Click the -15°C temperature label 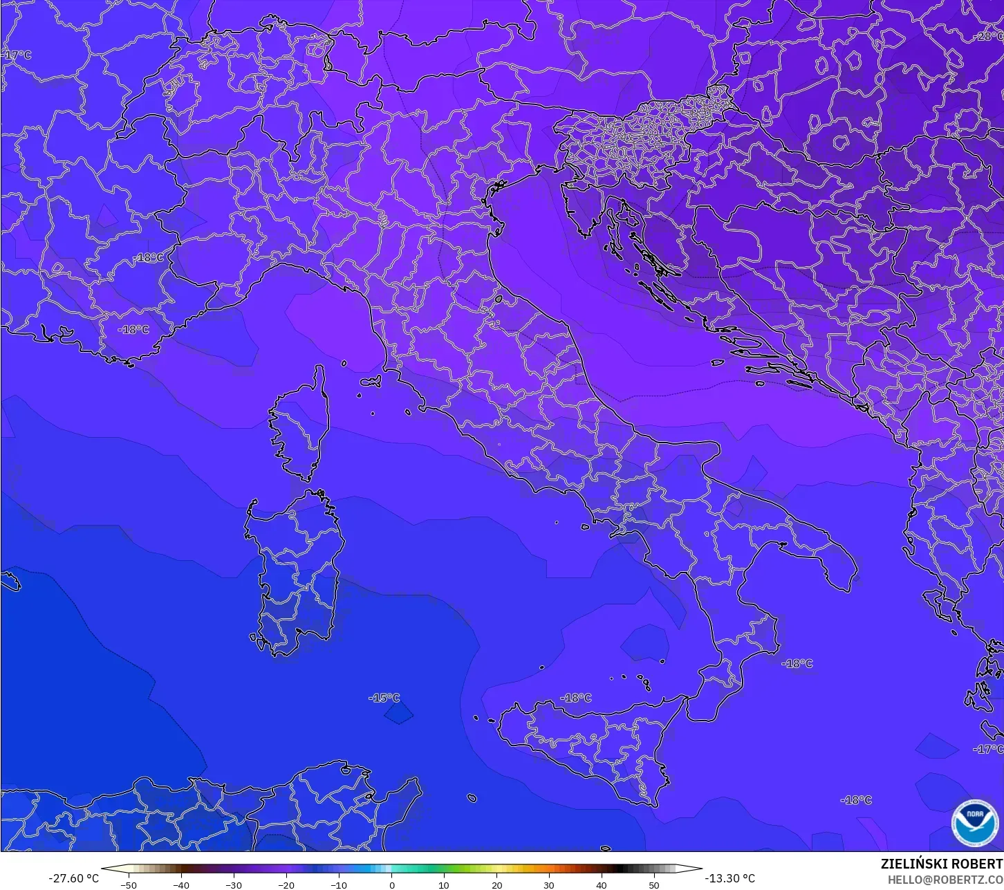tap(384, 698)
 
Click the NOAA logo tap(974, 822)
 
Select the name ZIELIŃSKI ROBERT tap(941, 864)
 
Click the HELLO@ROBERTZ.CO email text tap(945, 880)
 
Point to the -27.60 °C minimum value tap(73, 878)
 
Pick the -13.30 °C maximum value tap(730, 878)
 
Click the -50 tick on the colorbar tap(129, 884)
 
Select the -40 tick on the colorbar tap(181, 884)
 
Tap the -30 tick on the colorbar tap(234, 884)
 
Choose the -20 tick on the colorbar tap(286, 884)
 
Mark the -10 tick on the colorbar tap(339, 884)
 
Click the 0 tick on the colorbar tap(391, 884)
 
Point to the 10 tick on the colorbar tap(444, 884)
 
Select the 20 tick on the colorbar tap(496, 884)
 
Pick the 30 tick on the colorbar tap(549, 884)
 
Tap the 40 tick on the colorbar tap(602, 884)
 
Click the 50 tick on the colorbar tap(654, 884)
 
